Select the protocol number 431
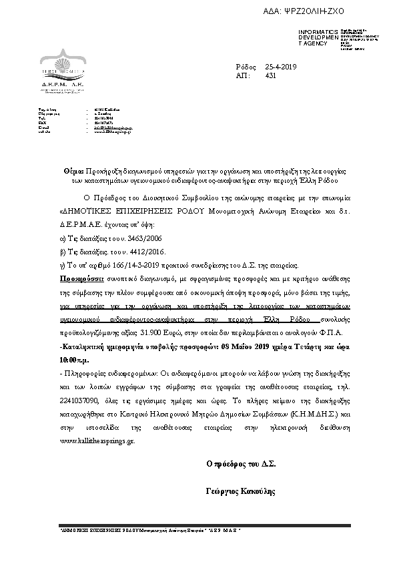coord(270,76)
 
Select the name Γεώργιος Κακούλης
coord(241,491)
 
